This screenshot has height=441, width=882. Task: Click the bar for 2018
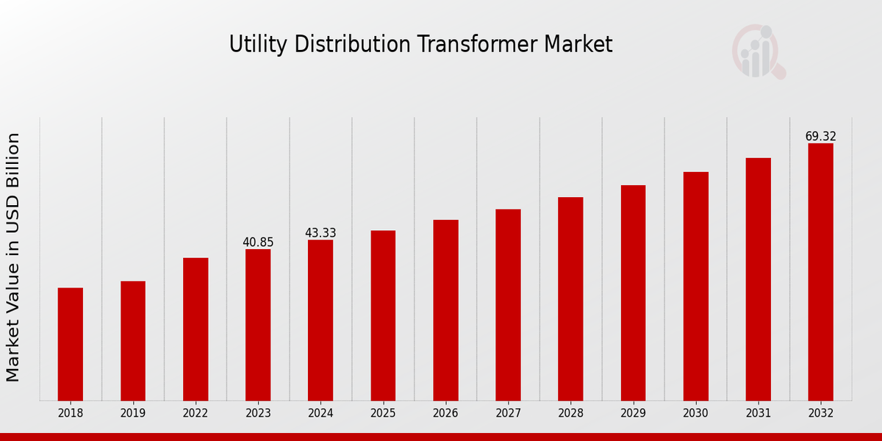[x=71, y=344]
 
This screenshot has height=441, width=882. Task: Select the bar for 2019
[x=133, y=340]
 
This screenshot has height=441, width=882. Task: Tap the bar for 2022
[x=196, y=329]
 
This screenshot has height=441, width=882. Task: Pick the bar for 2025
[x=383, y=315]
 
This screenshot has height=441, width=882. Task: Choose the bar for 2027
[x=508, y=304]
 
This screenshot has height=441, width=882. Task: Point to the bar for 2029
[x=633, y=293]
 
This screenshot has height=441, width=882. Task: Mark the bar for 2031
[x=758, y=279]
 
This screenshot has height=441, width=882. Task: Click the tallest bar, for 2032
[x=820, y=272]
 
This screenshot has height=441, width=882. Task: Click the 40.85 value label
[x=258, y=242]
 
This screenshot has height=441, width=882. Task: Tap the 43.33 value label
[x=320, y=233]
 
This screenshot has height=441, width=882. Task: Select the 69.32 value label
[x=820, y=137]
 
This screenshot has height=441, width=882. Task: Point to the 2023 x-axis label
[x=258, y=414]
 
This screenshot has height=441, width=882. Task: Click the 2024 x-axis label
[x=320, y=414]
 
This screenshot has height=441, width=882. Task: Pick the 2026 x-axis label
[x=445, y=414]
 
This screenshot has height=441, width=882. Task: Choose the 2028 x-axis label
[x=570, y=414]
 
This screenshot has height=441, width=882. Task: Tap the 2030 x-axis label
[x=695, y=414]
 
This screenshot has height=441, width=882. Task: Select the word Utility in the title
[x=257, y=44]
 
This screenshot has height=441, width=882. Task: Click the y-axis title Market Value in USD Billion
[x=13, y=257]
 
